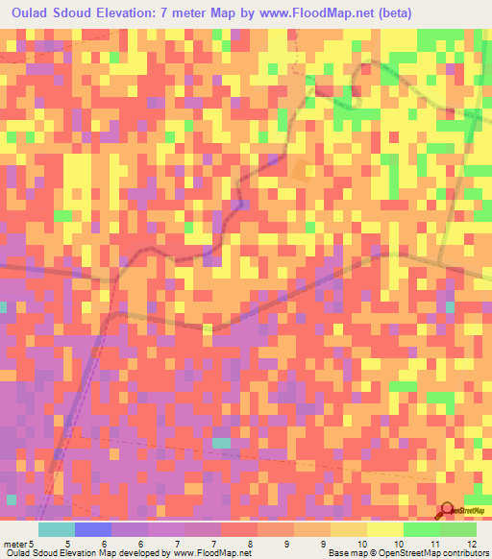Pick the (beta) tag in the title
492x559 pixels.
click(x=453, y=12)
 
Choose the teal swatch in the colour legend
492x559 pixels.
click(x=57, y=529)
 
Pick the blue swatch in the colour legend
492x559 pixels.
click(x=93, y=529)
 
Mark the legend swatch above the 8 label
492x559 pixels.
click(x=239, y=529)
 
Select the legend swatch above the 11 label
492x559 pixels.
click(x=422, y=529)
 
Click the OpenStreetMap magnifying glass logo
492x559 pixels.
click(x=447, y=511)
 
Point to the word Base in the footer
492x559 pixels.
click(x=312, y=552)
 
